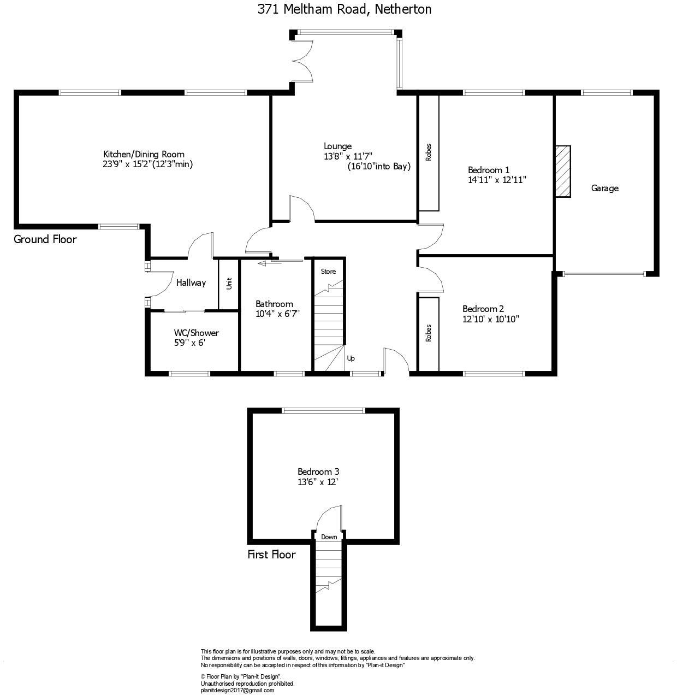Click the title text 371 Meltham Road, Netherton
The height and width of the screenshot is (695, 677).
344,9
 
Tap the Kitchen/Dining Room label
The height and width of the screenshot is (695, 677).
144,154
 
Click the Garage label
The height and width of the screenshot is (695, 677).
605,189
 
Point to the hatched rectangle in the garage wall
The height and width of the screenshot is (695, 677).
563,172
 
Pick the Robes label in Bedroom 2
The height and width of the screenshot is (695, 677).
429,333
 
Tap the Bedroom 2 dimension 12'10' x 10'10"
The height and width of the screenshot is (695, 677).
490,319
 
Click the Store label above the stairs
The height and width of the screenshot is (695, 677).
328,272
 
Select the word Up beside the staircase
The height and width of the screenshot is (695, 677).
351,358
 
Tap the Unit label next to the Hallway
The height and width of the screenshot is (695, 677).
229,284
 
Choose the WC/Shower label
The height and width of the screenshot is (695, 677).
197,333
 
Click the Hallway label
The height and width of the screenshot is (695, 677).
191,282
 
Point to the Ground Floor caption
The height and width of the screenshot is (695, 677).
45,239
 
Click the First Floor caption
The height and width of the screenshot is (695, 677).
271,555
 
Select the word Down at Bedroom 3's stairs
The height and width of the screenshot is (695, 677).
329,537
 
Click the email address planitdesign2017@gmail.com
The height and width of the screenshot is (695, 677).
237,690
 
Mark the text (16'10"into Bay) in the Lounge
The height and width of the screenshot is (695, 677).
379,167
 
